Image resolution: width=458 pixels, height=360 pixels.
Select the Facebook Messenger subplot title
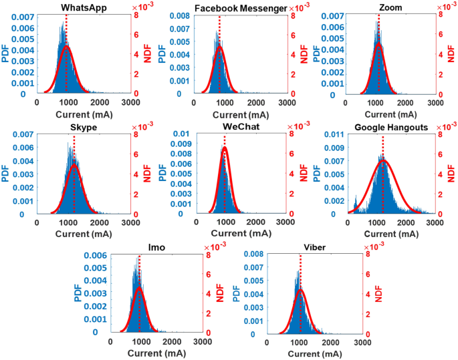pyautogui.click(x=232, y=8)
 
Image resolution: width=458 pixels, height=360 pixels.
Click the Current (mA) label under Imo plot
pyautogui.click(x=157, y=352)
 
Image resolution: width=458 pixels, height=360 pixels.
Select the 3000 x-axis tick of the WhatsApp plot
pyautogui.click(x=130, y=104)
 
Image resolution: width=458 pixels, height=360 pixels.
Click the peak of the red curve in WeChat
pyautogui.click(x=225, y=148)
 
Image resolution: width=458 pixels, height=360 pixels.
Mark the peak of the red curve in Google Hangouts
pyautogui.click(x=383, y=160)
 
